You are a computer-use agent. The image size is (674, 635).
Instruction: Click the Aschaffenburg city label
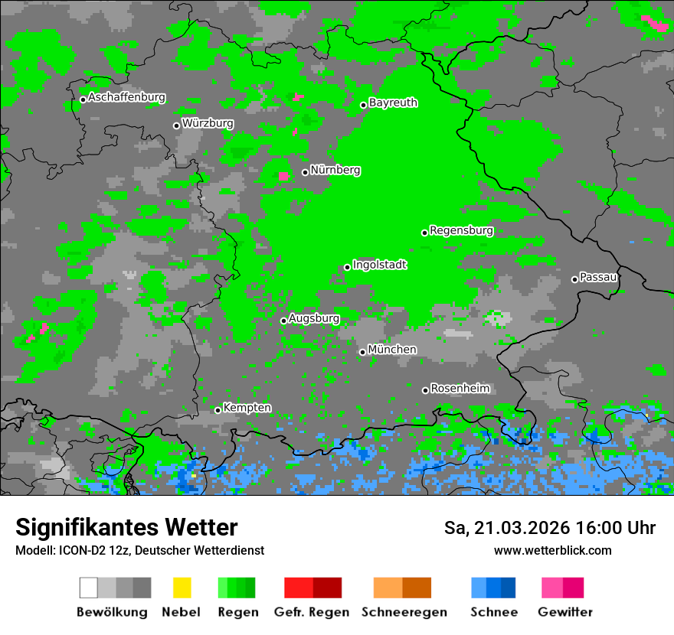(x=126, y=97)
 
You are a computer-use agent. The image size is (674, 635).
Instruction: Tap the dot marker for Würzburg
(x=176, y=125)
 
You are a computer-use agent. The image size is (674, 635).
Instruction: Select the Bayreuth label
(x=393, y=103)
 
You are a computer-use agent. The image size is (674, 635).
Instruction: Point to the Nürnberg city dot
(x=305, y=172)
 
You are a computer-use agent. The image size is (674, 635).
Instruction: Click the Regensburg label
(x=461, y=230)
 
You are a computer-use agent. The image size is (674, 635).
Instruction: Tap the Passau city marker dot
(x=574, y=279)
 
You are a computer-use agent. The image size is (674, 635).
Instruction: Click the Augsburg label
(x=313, y=318)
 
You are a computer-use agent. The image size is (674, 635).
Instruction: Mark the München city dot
(x=362, y=352)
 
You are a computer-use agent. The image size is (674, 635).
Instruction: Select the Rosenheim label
(x=460, y=389)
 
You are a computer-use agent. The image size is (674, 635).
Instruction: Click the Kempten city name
(x=247, y=408)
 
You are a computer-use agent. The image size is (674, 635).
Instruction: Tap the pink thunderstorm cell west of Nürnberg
(x=283, y=176)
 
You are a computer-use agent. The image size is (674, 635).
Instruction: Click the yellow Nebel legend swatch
(x=182, y=588)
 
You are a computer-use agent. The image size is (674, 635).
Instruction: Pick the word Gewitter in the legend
(x=564, y=612)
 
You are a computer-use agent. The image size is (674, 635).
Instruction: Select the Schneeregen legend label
(x=404, y=612)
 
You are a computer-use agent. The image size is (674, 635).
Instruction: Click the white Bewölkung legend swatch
(x=89, y=588)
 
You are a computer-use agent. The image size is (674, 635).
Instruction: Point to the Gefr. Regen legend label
(x=311, y=612)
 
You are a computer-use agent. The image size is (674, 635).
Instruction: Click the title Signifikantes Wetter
(x=126, y=527)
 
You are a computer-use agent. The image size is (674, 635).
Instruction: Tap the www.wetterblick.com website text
(x=552, y=550)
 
